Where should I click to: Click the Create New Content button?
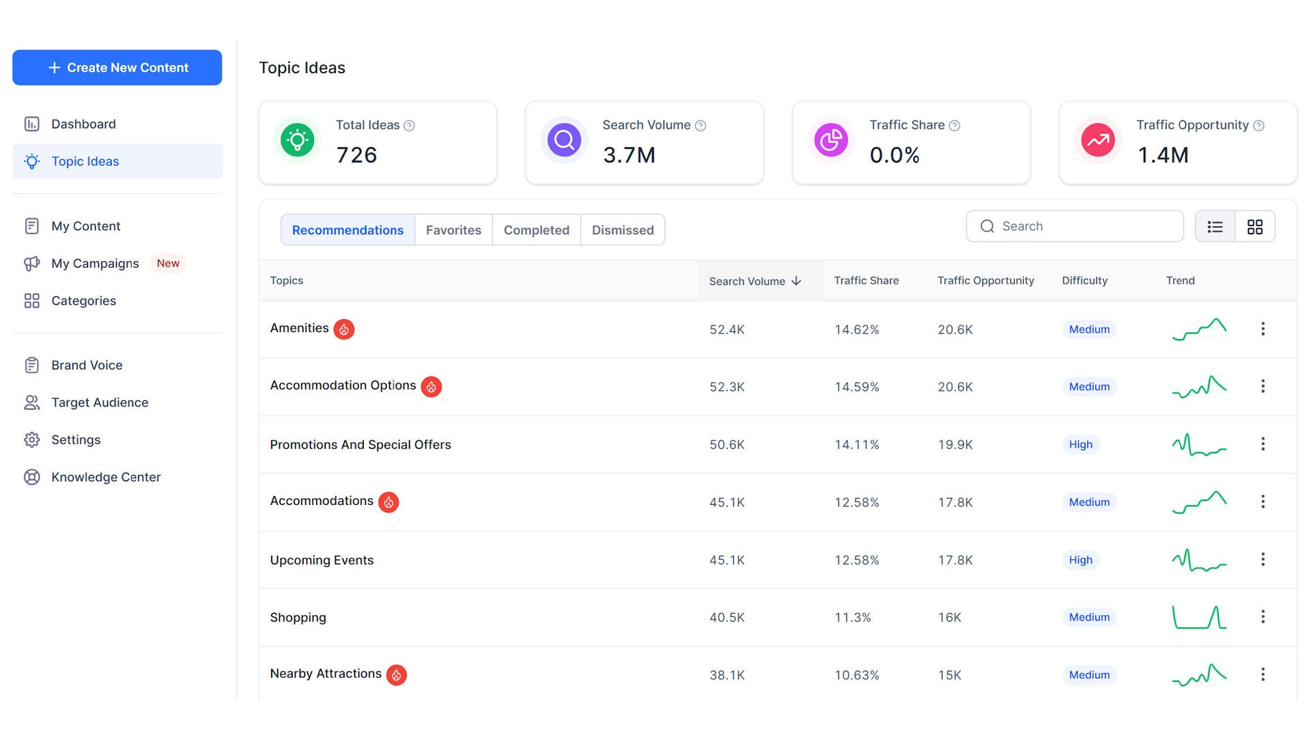click(x=117, y=68)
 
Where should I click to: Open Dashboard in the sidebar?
click(x=83, y=124)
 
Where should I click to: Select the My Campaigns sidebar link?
click(x=95, y=263)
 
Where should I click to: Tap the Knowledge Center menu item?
click(x=106, y=477)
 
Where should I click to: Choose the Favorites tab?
click(x=453, y=230)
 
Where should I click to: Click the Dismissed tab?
click(x=622, y=230)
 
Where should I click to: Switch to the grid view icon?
click(x=1254, y=227)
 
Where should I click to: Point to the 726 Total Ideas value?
click(x=356, y=155)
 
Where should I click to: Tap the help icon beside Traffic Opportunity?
click(x=1258, y=126)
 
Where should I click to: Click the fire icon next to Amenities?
click(x=343, y=329)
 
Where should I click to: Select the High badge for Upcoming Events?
click(x=1080, y=560)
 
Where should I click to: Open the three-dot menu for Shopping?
click(x=1263, y=617)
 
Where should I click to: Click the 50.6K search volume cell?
click(x=727, y=445)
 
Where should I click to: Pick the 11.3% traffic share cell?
click(x=852, y=618)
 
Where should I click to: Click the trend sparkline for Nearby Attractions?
click(x=1199, y=675)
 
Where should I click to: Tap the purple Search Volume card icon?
click(x=564, y=140)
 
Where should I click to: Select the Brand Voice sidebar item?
click(x=87, y=365)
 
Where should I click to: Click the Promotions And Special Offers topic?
click(x=360, y=445)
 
